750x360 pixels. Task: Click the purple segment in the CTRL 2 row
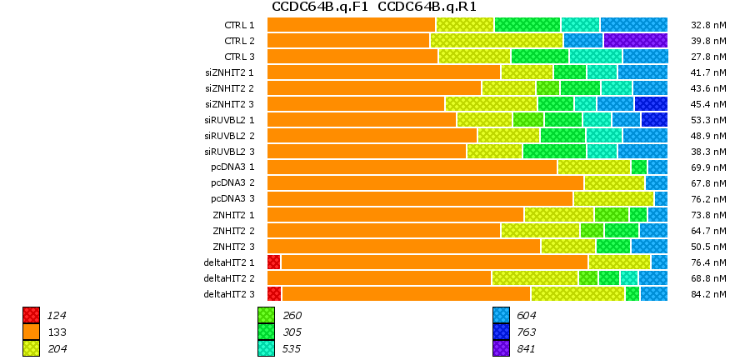click(635, 40)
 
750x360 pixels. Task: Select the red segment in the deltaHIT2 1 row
click(274, 262)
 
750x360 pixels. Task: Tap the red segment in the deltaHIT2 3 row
click(274, 293)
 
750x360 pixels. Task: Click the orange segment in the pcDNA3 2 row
click(425, 182)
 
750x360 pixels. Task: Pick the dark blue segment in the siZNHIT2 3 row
click(651, 103)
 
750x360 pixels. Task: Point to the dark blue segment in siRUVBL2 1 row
click(654, 119)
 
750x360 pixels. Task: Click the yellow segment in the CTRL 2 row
click(497, 40)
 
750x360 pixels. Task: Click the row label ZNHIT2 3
click(233, 246)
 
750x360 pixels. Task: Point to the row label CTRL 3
click(240, 56)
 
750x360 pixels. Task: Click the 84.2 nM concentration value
click(710, 294)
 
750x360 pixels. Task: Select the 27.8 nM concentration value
click(710, 57)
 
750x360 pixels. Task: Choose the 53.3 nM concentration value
click(710, 120)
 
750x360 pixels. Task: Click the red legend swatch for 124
click(31, 315)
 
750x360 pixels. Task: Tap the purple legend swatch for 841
click(501, 348)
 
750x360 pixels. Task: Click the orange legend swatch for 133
click(31, 332)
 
